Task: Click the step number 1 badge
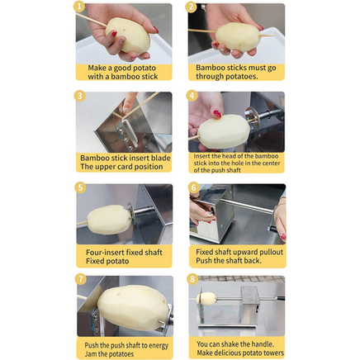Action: (x=79, y=7)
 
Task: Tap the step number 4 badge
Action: (x=192, y=96)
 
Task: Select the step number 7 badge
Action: (x=80, y=279)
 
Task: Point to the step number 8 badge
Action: (x=192, y=279)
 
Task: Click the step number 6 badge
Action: (x=193, y=187)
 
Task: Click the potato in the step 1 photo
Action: (x=128, y=36)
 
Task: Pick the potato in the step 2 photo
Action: (x=238, y=36)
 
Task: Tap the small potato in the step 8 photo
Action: (x=207, y=299)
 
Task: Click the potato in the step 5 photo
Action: (x=110, y=220)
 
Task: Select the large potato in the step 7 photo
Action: (x=133, y=307)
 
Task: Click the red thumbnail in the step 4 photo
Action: (x=217, y=114)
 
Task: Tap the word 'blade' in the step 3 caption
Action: (x=160, y=158)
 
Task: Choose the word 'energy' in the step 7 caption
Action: (x=159, y=346)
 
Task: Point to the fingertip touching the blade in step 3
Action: (x=126, y=111)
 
